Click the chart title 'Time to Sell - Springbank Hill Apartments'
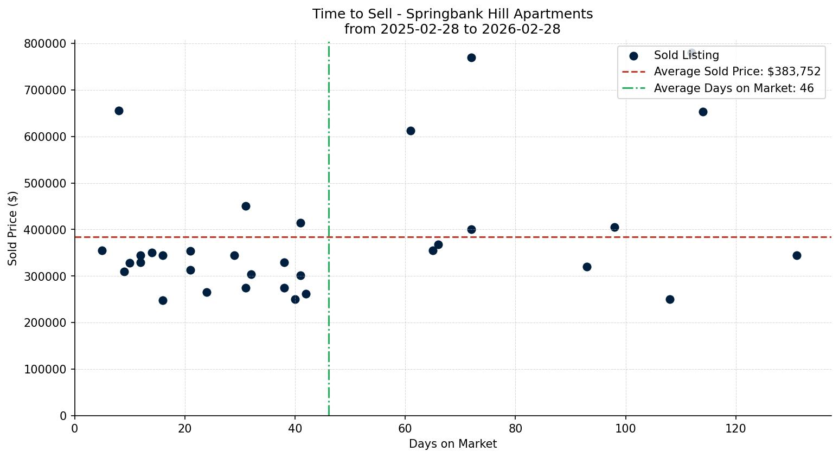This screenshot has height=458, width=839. coord(452,14)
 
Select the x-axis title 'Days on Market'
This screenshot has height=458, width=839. coord(452,444)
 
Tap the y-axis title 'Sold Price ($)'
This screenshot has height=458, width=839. coord(12,228)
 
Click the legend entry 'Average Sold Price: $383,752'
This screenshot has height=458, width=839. coord(736,72)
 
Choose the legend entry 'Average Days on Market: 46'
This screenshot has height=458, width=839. coord(733,88)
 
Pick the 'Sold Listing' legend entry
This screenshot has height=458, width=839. coord(686,55)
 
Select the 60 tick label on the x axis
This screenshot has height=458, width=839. coord(405,428)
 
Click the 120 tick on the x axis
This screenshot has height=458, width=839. coord(735,428)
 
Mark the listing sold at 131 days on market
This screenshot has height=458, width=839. coord(796,255)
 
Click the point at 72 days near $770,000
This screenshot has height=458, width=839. coord(471,57)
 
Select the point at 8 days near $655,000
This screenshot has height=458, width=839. coord(119,111)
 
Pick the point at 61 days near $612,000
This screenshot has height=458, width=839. coord(411,131)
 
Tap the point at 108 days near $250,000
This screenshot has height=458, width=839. coord(670,299)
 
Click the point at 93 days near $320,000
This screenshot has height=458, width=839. coord(587,267)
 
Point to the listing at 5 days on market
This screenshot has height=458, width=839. coord(102,250)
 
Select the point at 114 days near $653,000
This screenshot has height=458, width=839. coord(703,112)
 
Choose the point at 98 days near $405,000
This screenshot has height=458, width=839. coord(614,227)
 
